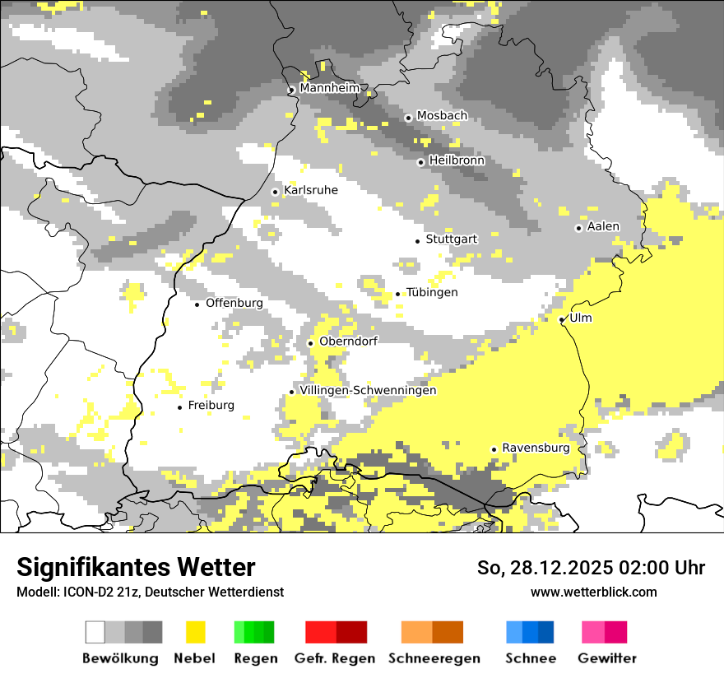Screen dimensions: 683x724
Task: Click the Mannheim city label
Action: [x=329, y=88]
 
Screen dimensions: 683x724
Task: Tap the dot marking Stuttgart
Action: [x=418, y=240]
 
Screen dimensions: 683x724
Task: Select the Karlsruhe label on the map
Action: [x=310, y=190]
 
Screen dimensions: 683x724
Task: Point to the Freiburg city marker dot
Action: [x=180, y=407]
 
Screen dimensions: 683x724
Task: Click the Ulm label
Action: [x=580, y=318]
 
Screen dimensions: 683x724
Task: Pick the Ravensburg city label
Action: [x=536, y=448]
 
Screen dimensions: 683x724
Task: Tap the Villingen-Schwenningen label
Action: [x=368, y=390]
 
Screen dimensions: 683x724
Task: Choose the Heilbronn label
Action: [x=457, y=160]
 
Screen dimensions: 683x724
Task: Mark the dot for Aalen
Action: [x=579, y=228]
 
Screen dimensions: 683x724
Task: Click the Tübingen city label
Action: [x=432, y=292]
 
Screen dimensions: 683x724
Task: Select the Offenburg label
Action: [x=234, y=303]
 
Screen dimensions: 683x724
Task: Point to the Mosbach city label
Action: [x=442, y=116]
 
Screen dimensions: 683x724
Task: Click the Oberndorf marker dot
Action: [x=311, y=343]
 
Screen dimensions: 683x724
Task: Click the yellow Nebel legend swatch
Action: [x=196, y=632]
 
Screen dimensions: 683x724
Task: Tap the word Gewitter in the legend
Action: [x=607, y=658]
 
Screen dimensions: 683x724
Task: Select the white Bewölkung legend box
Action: [x=95, y=632]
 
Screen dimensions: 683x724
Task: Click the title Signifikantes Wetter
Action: [x=136, y=567]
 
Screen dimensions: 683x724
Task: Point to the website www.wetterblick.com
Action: [x=594, y=592]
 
